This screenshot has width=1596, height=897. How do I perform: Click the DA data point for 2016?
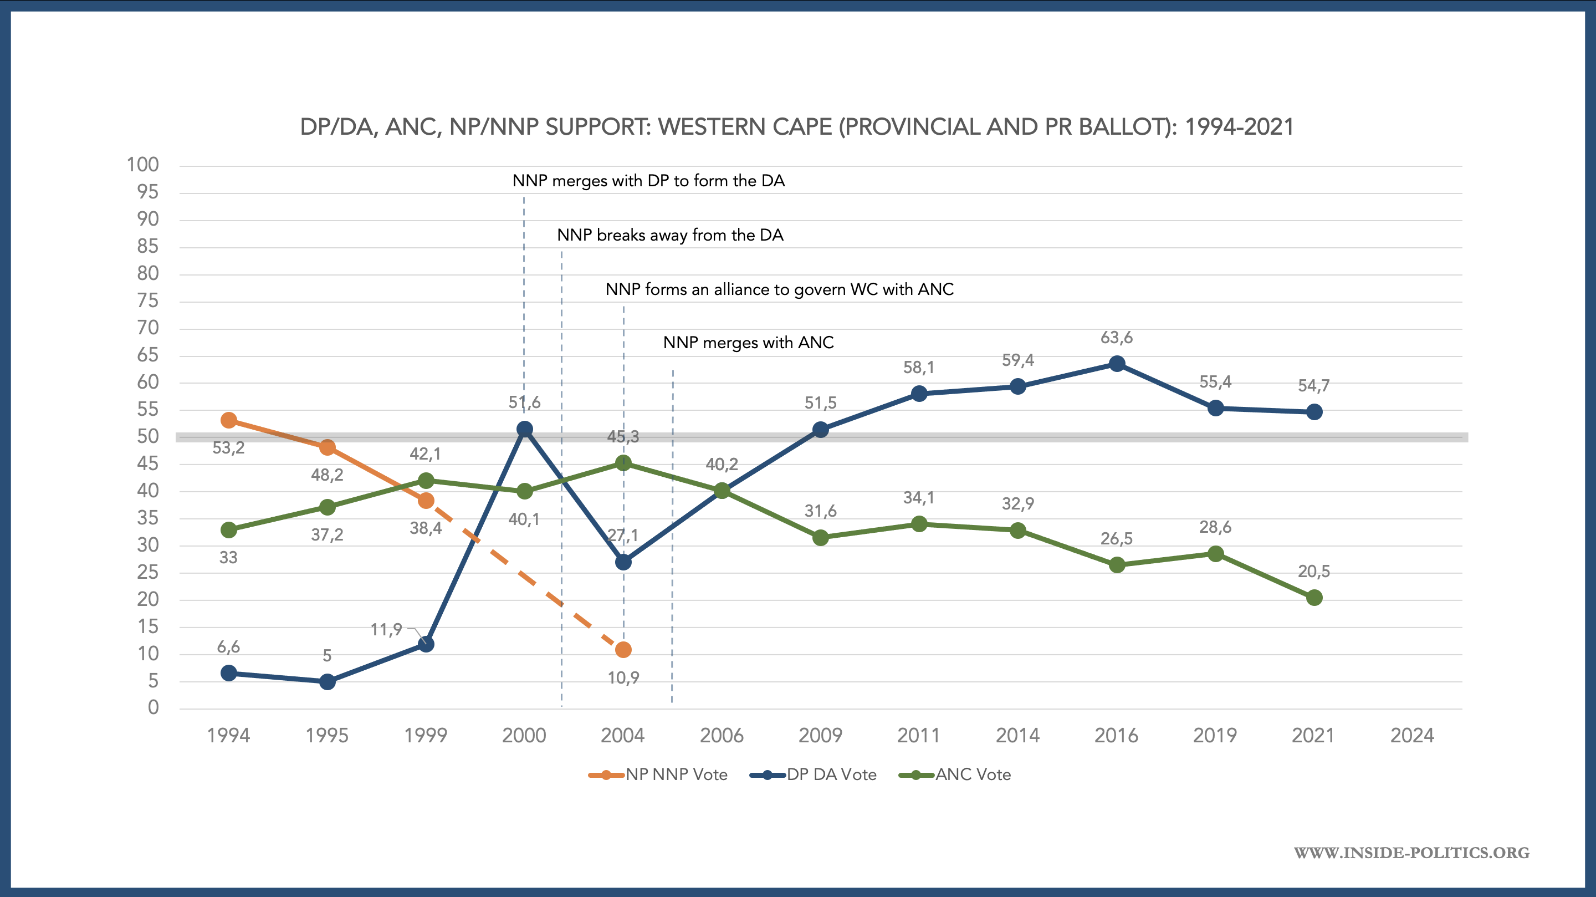point(1117,364)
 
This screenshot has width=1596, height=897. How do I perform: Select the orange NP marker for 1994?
point(229,420)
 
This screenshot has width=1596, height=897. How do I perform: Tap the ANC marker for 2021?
point(1313,598)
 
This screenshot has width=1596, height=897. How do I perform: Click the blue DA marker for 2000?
point(524,429)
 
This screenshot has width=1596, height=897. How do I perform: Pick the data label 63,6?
point(1117,338)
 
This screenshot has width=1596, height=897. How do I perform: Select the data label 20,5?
point(1313,571)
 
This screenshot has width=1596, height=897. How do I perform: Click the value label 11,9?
point(386,630)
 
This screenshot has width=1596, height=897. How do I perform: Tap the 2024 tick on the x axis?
point(1412,735)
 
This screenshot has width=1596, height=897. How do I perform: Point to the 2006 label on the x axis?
point(721,735)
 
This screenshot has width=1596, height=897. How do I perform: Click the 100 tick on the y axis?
point(142,165)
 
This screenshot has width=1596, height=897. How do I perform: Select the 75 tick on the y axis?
point(147,300)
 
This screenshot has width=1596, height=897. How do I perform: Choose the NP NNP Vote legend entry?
point(658,774)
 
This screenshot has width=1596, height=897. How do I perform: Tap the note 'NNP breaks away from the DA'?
point(670,235)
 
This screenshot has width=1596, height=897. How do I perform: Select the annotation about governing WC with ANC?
point(779,289)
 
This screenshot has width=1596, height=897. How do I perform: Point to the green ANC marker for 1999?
point(426,481)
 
